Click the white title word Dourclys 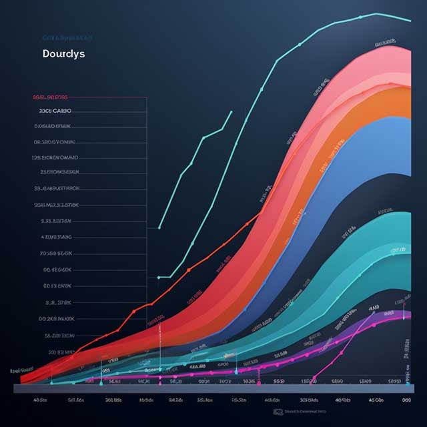click(63, 53)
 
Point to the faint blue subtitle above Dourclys click(67, 38)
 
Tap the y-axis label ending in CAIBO click(55, 111)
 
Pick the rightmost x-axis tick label click(406, 401)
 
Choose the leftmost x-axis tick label click(39, 401)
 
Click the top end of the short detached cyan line click(232, 111)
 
